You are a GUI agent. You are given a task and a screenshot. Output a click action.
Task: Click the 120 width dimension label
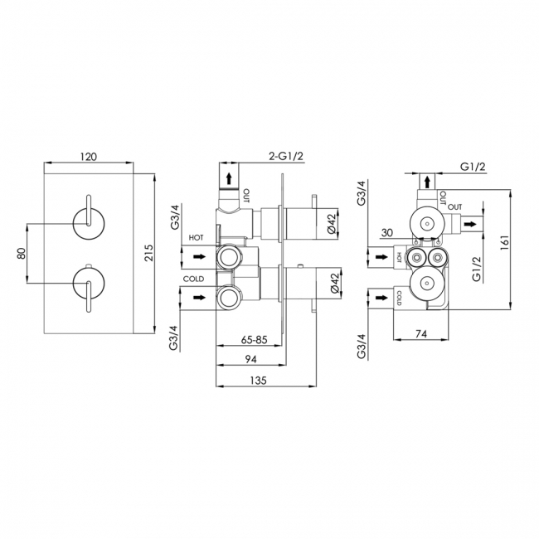89,157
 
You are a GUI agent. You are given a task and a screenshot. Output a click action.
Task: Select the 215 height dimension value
149,253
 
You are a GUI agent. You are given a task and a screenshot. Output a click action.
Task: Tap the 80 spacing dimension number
22,254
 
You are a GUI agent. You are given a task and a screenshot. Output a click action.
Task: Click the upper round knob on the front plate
88,223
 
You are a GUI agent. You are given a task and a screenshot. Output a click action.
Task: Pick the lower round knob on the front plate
88,284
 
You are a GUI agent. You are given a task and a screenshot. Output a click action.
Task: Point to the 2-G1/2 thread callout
286,157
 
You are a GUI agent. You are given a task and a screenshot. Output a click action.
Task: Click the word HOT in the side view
196,237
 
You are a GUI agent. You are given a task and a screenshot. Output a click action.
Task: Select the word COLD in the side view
193,279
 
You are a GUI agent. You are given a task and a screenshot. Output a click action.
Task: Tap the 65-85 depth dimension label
254,340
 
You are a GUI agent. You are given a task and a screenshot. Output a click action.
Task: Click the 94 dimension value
250,359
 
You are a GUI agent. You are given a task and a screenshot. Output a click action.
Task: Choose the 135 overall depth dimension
258,380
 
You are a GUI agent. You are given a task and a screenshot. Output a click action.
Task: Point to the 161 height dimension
504,243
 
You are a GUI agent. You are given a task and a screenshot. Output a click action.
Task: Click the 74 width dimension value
421,334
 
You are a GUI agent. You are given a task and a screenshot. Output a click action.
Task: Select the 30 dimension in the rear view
387,233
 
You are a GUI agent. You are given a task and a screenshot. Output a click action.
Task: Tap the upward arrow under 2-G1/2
229,179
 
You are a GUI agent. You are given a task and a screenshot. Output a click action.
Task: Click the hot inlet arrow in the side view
200,256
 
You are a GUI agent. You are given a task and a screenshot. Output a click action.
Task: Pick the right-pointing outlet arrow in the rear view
470,225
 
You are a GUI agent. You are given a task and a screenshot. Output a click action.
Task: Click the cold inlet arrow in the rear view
381,298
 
